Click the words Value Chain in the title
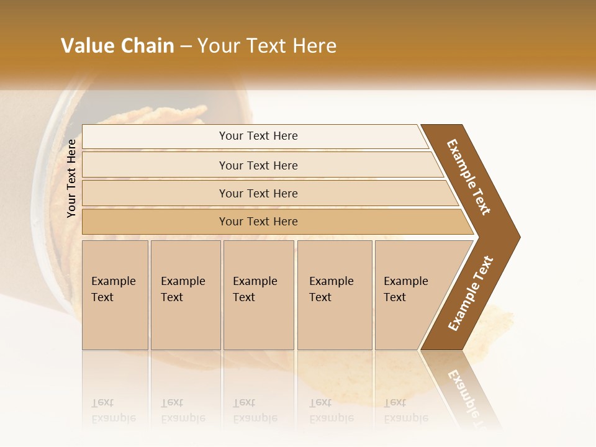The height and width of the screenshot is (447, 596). point(117,46)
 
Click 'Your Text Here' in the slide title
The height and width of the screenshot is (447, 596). point(267,46)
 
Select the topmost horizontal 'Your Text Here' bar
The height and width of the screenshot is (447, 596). point(258,136)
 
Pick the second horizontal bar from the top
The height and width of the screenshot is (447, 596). point(258,165)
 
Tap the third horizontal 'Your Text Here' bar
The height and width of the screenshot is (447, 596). point(258,193)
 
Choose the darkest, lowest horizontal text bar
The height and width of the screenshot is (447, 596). point(258,222)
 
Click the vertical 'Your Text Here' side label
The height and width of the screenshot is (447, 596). point(71,178)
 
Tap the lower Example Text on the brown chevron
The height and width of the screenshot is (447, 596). point(471,294)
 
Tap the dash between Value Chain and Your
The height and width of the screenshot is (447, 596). point(186,47)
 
